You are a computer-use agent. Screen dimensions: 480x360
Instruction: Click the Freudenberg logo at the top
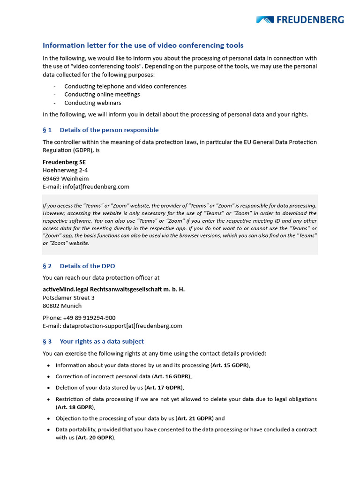point(300,20)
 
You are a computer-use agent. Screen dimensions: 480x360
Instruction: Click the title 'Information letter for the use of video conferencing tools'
point(143,45)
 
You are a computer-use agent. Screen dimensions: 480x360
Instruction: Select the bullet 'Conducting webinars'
point(92,103)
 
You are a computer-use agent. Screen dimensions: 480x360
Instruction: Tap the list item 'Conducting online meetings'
point(102,94)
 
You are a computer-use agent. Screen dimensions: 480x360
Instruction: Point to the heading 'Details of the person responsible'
point(109,130)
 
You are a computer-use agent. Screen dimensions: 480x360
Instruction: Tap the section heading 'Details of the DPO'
point(87,266)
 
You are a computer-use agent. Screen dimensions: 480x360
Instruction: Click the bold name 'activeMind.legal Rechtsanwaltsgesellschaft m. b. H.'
point(113,289)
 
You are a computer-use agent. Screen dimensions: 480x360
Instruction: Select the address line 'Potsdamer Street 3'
point(68,298)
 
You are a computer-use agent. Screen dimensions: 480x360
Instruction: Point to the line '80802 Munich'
point(62,306)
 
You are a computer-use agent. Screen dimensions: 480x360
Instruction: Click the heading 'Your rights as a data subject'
point(102,341)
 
